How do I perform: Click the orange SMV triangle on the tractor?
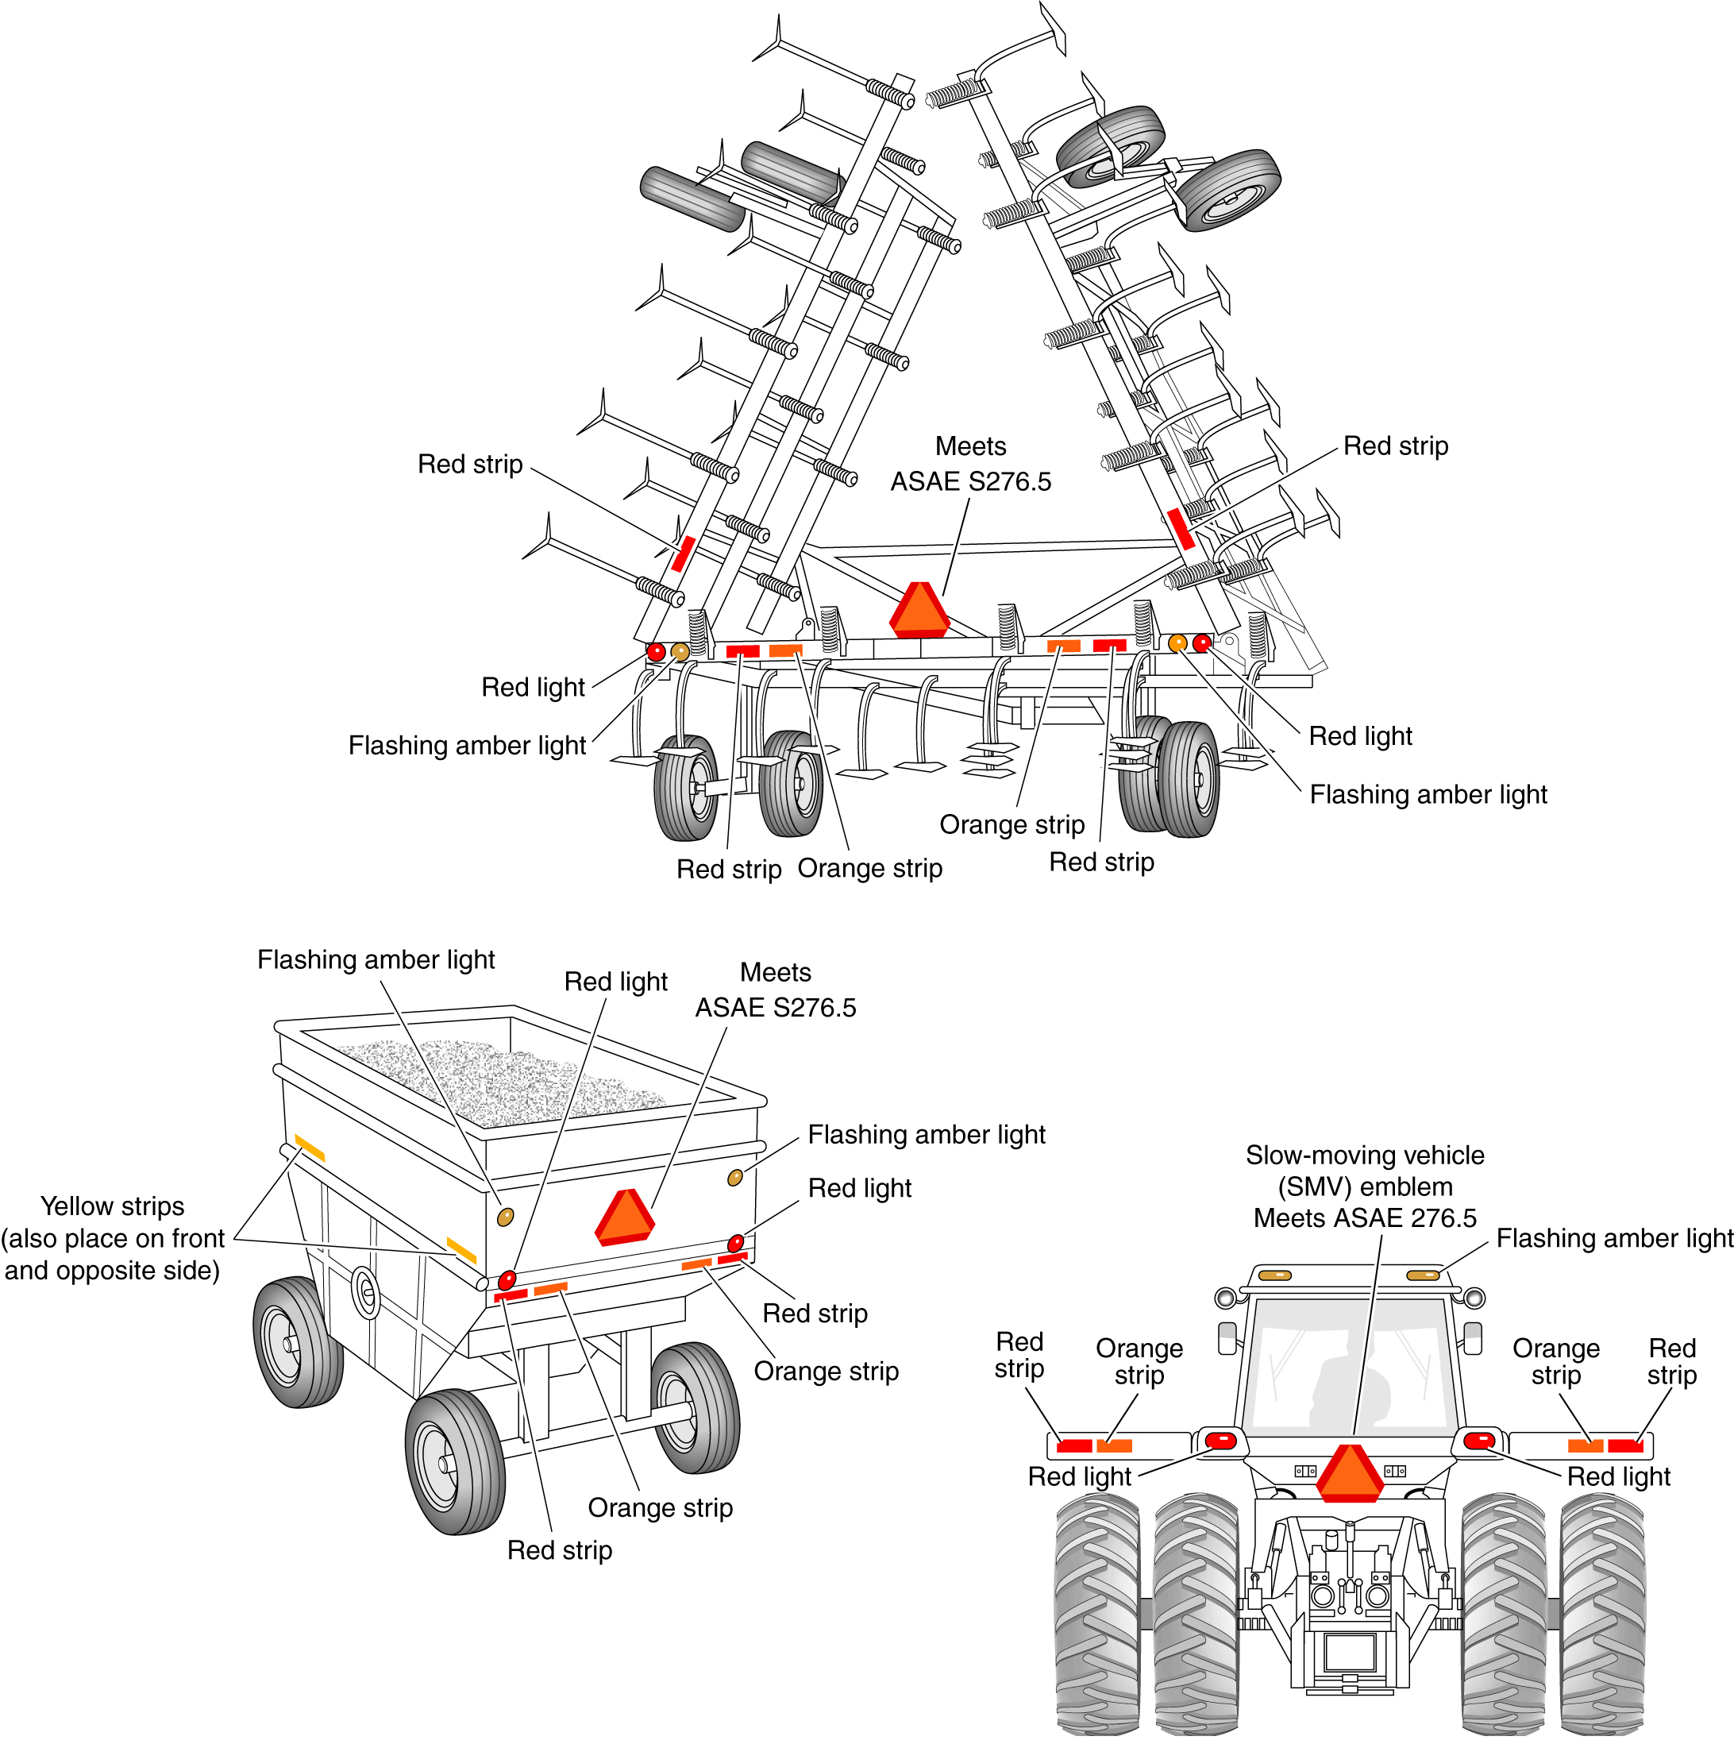click(x=1350, y=1474)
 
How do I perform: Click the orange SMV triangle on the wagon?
click(x=624, y=1217)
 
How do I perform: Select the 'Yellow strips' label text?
click(x=113, y=1206)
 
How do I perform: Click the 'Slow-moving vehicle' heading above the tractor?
click(x=1365, y=1156)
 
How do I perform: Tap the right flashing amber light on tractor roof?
click(x=1423, y=1275)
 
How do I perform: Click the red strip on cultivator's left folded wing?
click(x=684, y=554)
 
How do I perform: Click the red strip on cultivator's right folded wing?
click(x=1181, y=529)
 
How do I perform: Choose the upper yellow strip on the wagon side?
click(x=310, y=1148)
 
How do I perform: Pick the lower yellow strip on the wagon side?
click(x=461, y=1250)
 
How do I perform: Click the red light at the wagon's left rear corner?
click(x=507, y=1280)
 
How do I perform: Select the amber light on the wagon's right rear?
click(x=736, y=1177)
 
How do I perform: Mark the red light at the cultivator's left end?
click(x=657, y=652)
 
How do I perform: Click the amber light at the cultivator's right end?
click(x=1177, y=642)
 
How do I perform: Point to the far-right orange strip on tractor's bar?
click(x=1585, y=1446)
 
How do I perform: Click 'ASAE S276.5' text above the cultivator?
click(x=971, y=482)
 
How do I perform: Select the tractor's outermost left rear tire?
click(x=1097, y=1614)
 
